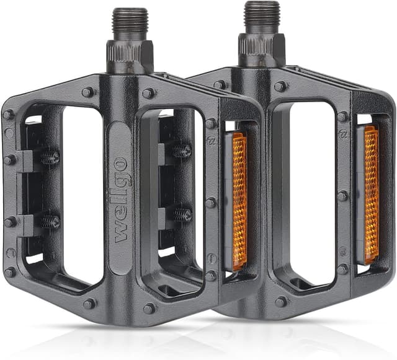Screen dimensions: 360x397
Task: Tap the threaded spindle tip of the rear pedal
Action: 261,17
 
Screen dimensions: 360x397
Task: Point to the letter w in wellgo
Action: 121,232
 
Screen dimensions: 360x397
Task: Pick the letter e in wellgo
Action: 121,217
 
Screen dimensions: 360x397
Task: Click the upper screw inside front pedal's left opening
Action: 50,157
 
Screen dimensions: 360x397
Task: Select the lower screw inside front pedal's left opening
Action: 50,221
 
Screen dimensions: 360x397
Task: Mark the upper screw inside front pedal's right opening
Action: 182,151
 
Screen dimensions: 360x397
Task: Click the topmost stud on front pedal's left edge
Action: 8,115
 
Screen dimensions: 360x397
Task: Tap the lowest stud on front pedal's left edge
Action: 9,272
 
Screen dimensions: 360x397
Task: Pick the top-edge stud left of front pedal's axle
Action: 88,92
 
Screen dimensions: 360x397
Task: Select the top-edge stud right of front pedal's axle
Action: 148,94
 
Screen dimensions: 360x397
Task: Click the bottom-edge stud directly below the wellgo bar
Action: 149,308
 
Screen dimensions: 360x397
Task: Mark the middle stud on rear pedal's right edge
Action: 342,196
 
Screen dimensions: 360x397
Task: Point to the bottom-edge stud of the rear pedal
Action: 282,301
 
